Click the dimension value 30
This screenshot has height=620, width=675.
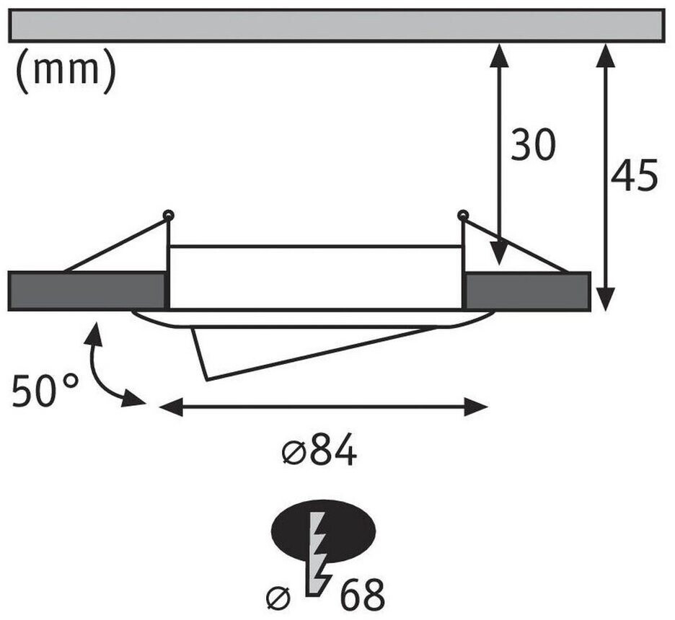pos(534,146)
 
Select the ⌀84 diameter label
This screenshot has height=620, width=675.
pos(319,453)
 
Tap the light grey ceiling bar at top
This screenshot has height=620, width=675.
pos(337,25)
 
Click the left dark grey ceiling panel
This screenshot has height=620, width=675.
pos(87,291)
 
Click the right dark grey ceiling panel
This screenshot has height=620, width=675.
pos(527,291)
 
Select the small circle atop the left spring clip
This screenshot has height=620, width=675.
pos(168,214)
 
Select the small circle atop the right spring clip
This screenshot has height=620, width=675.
pos(462,214)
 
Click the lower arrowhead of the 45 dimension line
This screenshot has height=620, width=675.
pos(606,299)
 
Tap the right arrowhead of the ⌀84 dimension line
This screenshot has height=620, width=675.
pos(477,407)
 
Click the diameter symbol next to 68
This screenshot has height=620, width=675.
pos(278,597)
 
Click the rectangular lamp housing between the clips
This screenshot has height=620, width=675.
pos(315,278)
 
